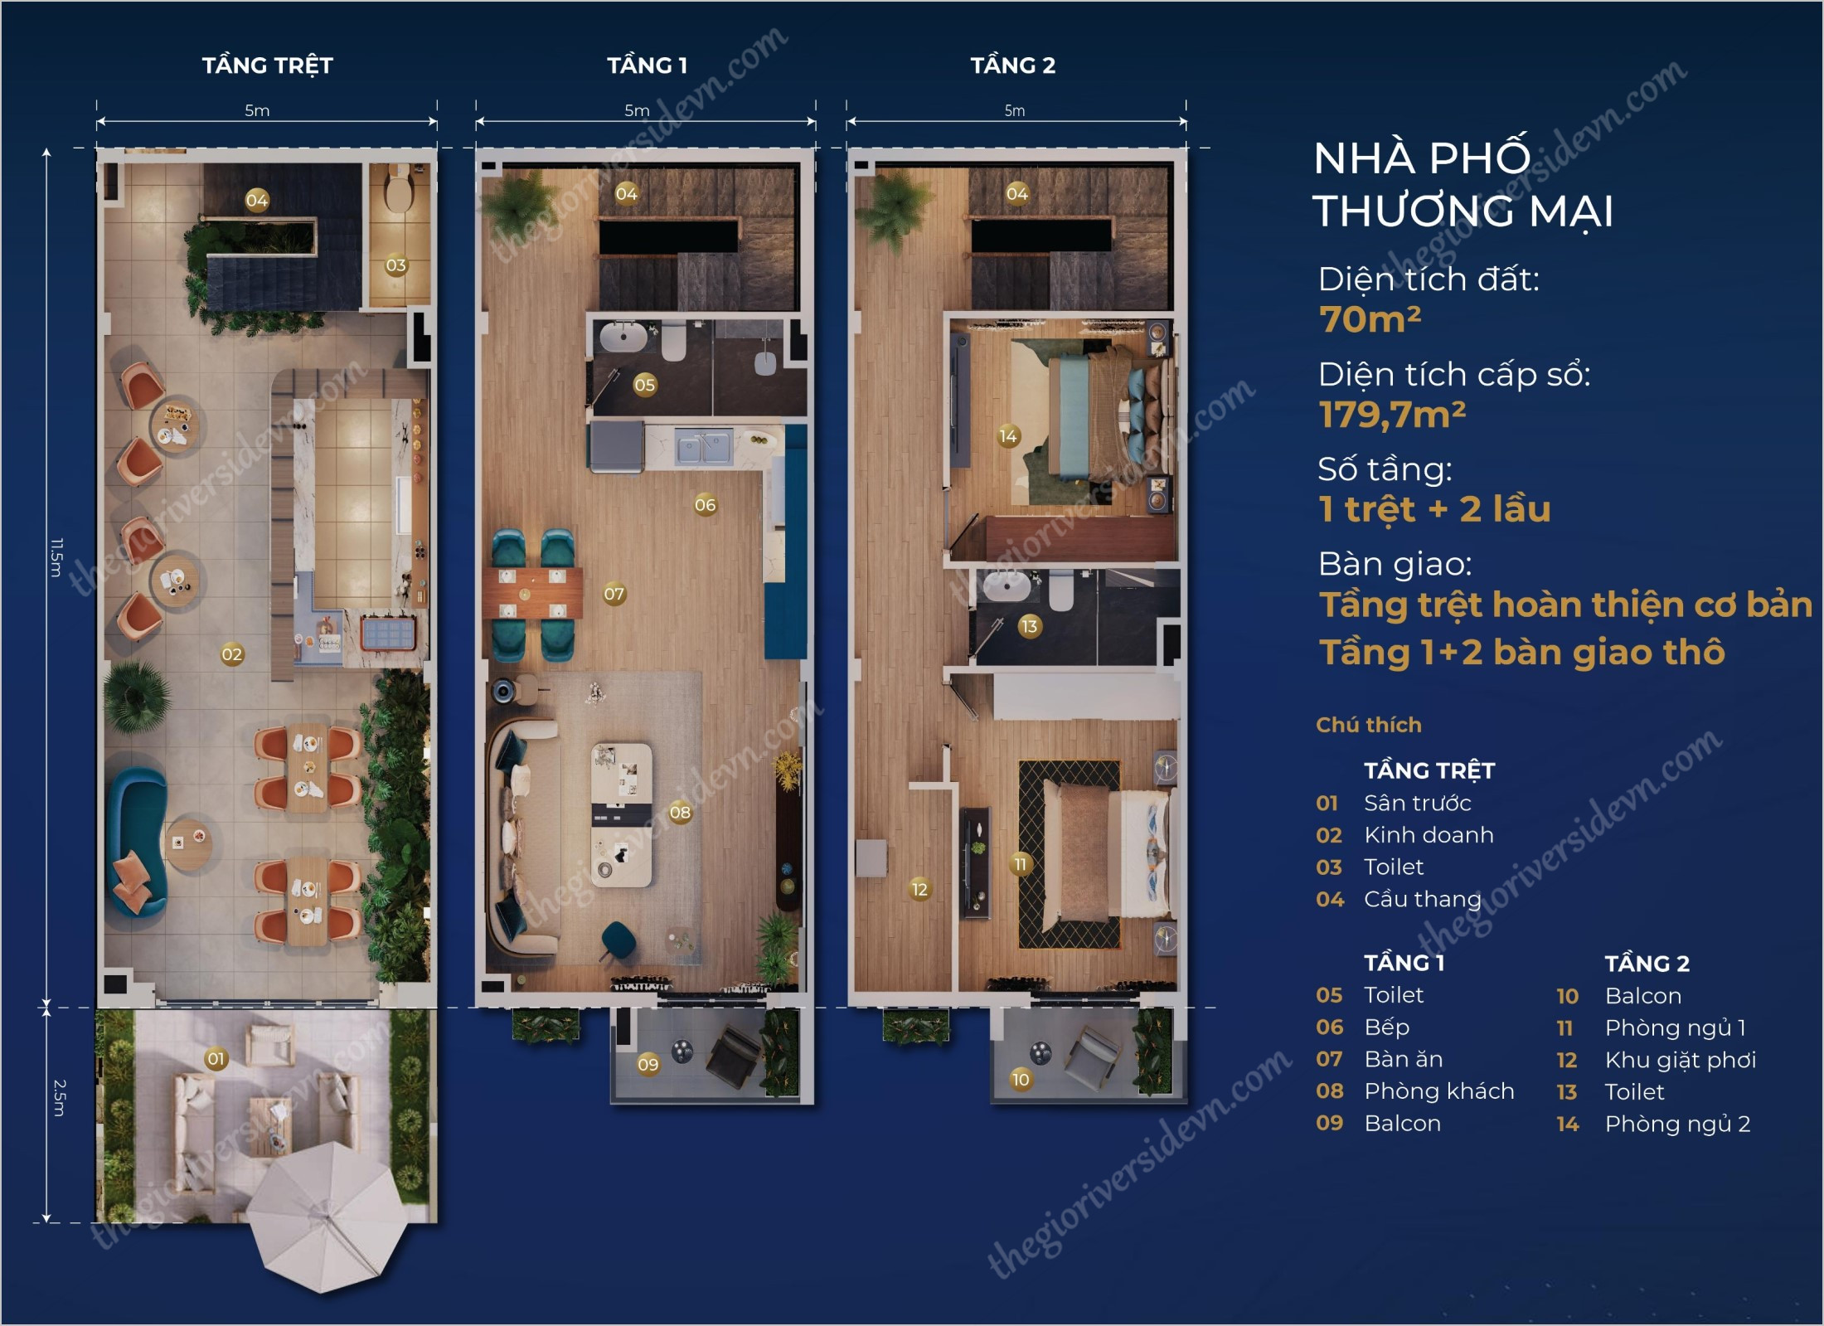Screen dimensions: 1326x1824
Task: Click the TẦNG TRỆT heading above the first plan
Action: [x=267, y=66]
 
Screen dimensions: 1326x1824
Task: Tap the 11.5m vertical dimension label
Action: [x=56, y=557]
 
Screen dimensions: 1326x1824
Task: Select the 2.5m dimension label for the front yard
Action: [x=59, y=1097]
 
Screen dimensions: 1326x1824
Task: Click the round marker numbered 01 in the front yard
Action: [x=216, y=1059]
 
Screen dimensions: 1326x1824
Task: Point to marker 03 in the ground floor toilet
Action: [x=395, y=265]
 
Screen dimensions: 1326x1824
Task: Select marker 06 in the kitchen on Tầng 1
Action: [x=705, y=504]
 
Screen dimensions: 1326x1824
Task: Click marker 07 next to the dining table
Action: [x=614, y=594]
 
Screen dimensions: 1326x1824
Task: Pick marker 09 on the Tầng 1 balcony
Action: [x=648, y=1064]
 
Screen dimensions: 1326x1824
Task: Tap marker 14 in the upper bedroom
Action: [x=1007, y=436]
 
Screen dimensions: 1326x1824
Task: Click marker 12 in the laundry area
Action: [x=919, y=889]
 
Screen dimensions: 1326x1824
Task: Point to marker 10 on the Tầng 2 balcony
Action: [x=1020, y=1079]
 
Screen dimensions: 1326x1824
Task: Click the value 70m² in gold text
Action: [x=1370, y=319]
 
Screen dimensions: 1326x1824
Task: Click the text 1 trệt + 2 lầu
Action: [x=1434, y=509]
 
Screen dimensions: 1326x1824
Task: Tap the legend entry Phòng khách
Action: [x=1438, y=1091]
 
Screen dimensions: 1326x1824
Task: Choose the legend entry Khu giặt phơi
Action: [x=1680, y=1060]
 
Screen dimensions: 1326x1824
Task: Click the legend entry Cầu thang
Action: [x=1422, y=899]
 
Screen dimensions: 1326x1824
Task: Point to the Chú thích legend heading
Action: [x=1368, y=725]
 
